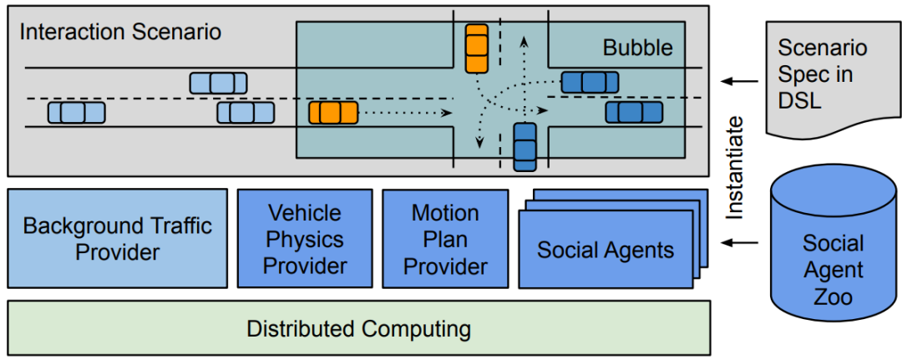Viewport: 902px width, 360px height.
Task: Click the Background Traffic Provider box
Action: pos(117,238)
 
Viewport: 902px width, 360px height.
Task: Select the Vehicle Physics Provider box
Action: pos(304,239)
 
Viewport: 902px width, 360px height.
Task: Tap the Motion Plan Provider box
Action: pos(445,239)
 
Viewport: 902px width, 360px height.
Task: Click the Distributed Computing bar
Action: pos(358,328)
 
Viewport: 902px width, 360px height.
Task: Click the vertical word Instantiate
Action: pos(734,168)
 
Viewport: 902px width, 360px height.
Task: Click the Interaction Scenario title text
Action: pos(120,33)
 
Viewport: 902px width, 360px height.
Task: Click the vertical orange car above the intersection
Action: pos(476,48)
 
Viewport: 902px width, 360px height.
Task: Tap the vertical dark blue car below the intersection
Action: pos(524,146)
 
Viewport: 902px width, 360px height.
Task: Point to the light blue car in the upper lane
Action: pos(218,83)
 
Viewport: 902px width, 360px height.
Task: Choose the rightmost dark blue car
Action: pos(634,112)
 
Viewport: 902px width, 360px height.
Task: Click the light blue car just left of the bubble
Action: pos(246,112)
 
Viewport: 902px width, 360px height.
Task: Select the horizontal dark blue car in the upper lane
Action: pos(590,82)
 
